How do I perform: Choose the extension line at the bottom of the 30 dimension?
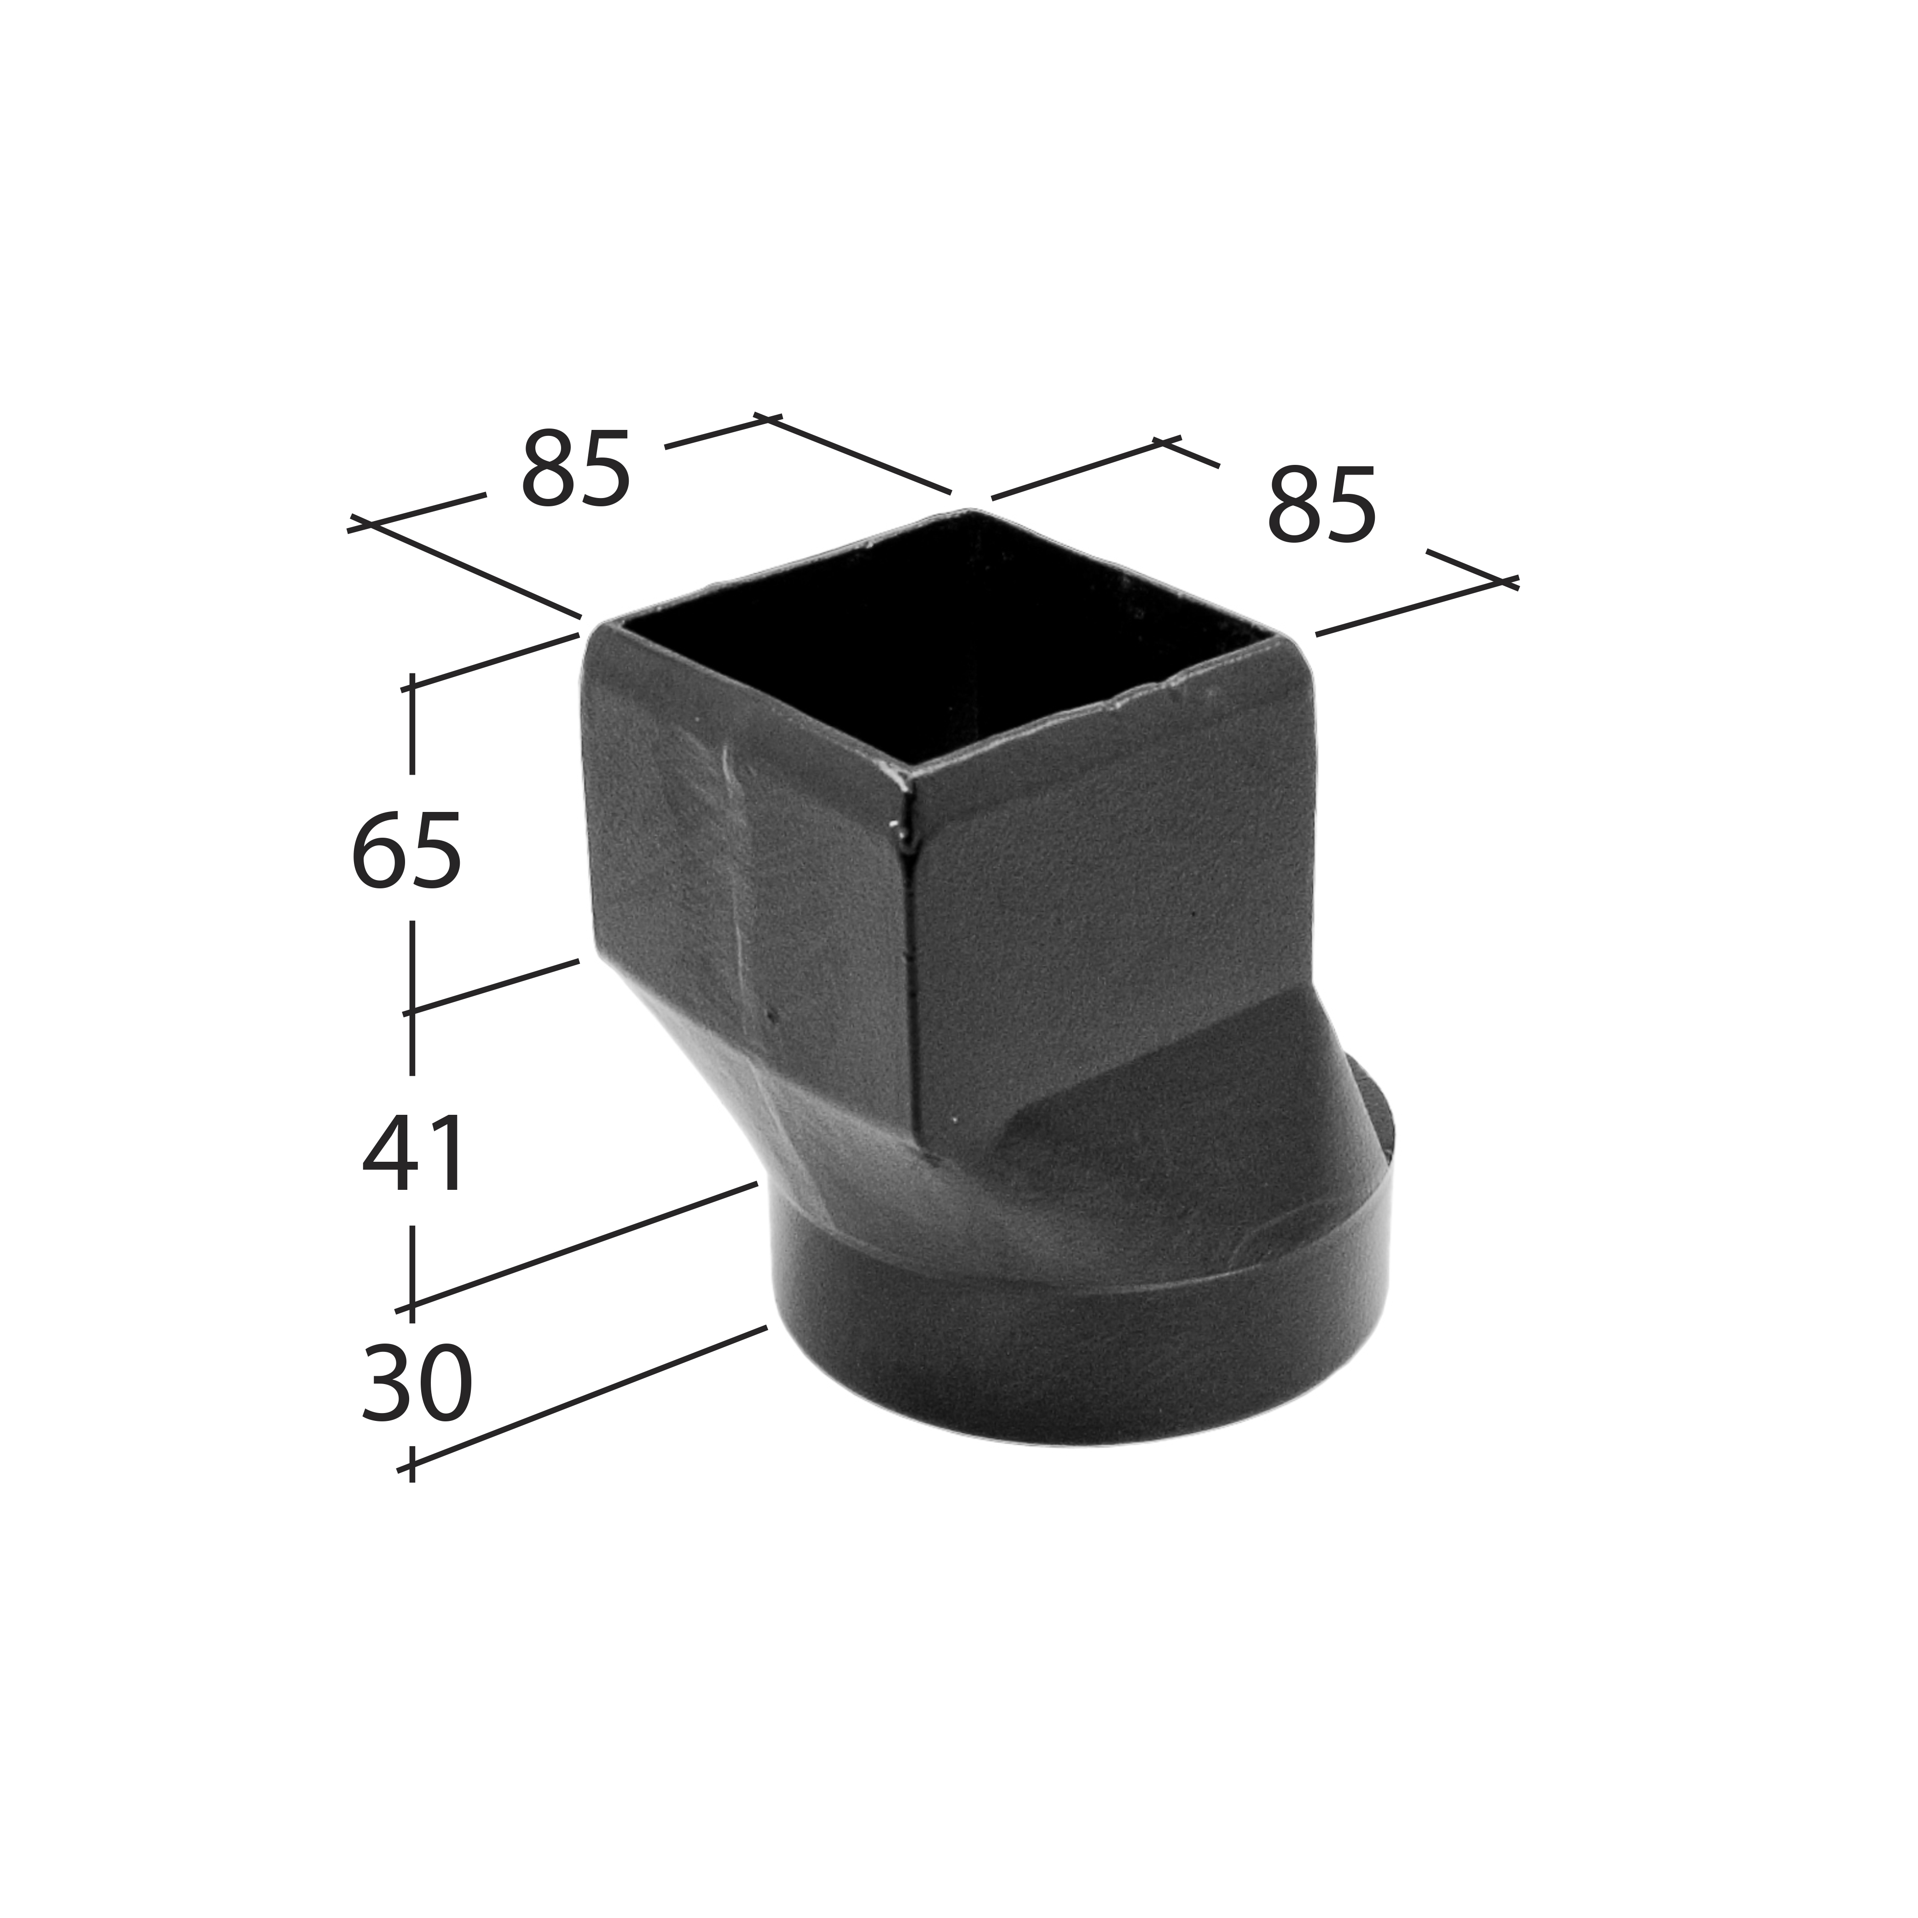click(586, 1398)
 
